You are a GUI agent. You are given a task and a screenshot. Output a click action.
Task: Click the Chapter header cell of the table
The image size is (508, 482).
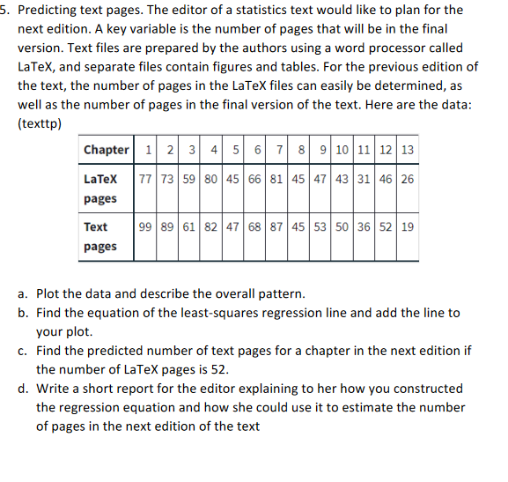click(107, 150)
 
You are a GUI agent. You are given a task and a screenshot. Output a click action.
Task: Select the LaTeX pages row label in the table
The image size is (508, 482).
click(100, 189)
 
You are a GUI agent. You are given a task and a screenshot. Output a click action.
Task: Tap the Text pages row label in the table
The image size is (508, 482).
click(100, 236)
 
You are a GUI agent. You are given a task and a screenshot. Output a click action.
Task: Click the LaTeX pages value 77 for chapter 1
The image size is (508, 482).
click(145, 179)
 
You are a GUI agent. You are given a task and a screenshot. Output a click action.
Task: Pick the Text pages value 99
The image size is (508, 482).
click(145, 226)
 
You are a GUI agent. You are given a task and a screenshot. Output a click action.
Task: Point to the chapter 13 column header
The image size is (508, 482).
click(407, 150)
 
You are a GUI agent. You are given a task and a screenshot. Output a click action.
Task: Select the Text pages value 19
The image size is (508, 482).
click(407, 226)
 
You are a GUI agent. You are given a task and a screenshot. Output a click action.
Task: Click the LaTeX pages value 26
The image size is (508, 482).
click(407, 179)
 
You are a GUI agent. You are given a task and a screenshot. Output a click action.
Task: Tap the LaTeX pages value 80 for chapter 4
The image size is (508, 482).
click(211, 179)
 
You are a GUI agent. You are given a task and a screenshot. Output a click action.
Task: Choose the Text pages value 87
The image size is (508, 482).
click(276, 226)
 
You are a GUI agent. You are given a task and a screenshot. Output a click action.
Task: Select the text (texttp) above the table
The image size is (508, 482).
click(40, 123)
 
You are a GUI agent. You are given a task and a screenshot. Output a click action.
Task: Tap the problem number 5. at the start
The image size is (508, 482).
click(5, 11)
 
